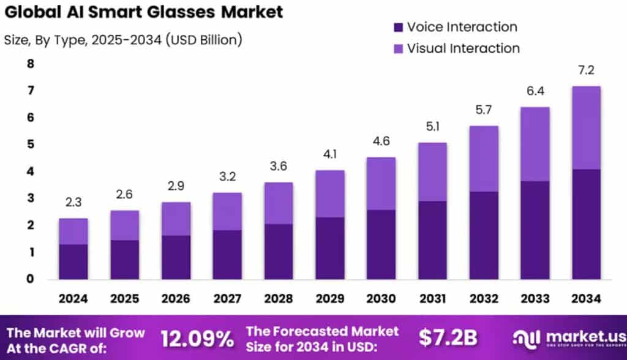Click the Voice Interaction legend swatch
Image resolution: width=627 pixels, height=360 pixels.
point(398,28)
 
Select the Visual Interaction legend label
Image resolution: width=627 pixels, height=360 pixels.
point(463,48)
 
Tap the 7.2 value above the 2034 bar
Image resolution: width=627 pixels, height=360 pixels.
point(586,71)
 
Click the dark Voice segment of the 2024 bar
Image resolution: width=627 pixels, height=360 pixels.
point(73,261)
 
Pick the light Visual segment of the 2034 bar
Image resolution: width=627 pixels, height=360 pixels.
point(586,127)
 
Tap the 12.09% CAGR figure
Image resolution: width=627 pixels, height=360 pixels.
point(197,337)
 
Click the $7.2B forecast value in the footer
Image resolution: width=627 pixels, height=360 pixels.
point(449,337)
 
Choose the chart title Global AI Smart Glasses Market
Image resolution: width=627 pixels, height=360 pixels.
point(143,12)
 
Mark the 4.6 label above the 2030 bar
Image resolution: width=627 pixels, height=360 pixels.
point(381,142)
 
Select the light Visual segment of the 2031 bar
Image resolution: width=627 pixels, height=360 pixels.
point(432,171)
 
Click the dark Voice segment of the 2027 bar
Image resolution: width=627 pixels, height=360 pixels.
point(227,255)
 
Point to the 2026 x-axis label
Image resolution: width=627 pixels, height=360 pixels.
point(176,299)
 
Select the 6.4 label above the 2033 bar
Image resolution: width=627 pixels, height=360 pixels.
point(535,92)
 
